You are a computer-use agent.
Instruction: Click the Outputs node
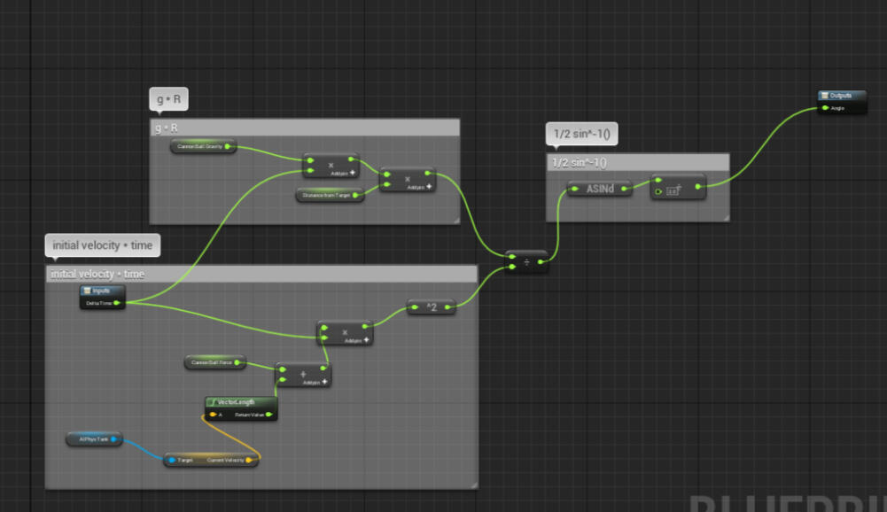[840, 96]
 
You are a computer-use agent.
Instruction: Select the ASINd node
[599, 188]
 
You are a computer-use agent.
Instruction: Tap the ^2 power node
[431, 306]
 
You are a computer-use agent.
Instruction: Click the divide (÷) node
[526, 261]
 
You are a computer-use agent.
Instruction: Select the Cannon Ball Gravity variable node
[203, 145]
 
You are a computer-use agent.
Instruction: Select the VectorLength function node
[241, 402]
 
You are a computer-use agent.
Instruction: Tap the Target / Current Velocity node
[211, 460]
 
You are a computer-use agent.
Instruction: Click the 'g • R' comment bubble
[168, 100]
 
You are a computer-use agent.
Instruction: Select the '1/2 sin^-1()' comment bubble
[581, 135]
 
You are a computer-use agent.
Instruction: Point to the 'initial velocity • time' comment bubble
[102, 244]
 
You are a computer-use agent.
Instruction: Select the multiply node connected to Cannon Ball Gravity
[331, 166]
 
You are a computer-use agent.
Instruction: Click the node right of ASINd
[678, 187]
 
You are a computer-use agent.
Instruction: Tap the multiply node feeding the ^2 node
[344, 333]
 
